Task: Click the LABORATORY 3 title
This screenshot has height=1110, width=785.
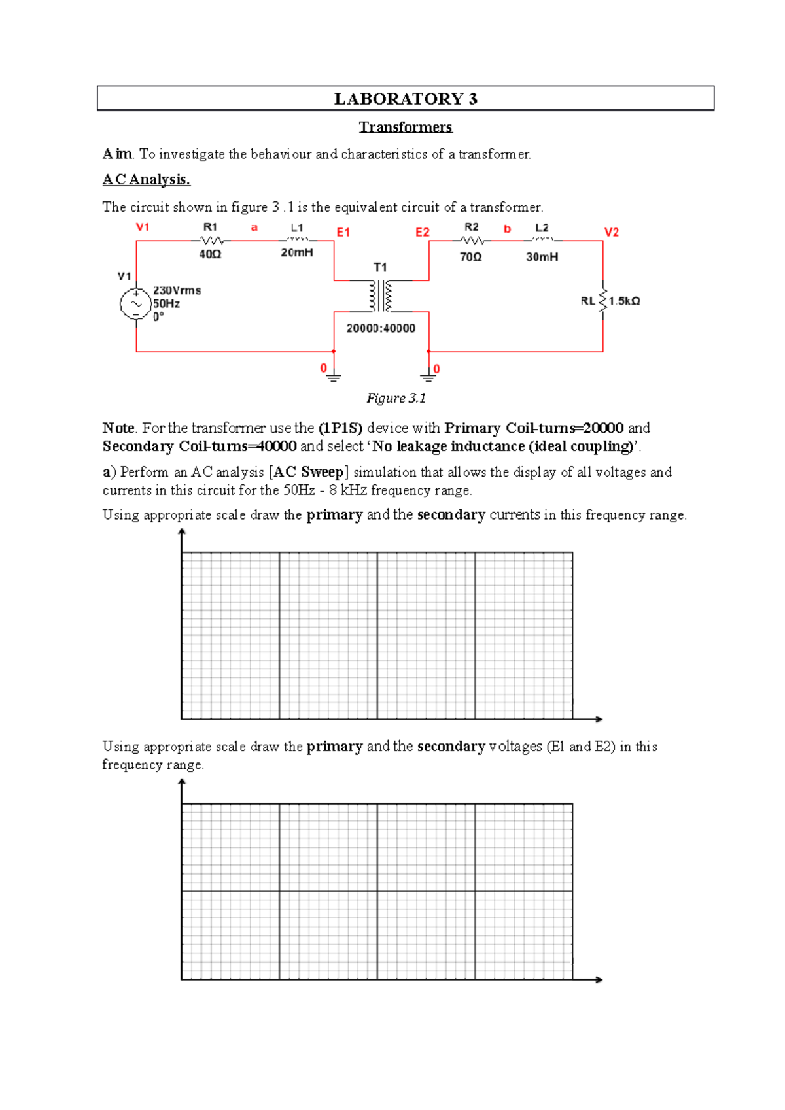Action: click(x=406, y=99)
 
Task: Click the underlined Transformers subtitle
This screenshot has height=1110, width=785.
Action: click(x=406, y=127)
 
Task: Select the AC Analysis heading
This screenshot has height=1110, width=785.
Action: click(x=146, y=179)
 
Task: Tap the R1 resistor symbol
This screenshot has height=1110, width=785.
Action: click(x=211, y=241)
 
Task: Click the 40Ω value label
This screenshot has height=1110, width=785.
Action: click(x=210, y=254)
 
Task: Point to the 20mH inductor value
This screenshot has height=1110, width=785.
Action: click(x=297, y=252)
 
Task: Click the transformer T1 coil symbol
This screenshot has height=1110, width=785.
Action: click(x=381, y=296)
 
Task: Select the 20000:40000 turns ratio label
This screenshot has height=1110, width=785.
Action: click(x=381, y=328)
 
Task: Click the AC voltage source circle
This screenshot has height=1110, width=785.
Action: click(x=136, y=304)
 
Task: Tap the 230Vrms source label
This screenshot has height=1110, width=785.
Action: click(x=177, y=290)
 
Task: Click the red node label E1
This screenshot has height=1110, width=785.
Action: click(x=343, y=232)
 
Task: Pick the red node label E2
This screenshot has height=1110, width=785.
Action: click(x=423, y=232)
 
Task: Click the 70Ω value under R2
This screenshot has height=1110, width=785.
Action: click(x=470, y=257)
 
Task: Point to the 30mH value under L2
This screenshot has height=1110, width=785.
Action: click(x=542, y=257)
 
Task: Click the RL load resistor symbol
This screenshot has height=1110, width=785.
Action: click(x=602, y=301)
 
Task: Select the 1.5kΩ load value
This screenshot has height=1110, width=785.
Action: click(x=625, y=301)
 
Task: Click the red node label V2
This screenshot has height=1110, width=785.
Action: click(x=611, y=232)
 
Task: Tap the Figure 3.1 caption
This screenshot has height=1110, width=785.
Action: click(x=396, y=398)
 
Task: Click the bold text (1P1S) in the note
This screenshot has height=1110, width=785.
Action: click(x=340, y=428)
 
